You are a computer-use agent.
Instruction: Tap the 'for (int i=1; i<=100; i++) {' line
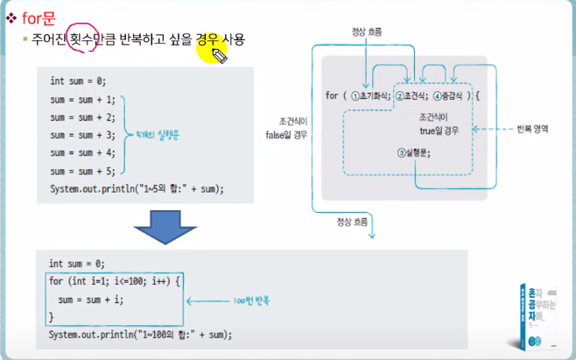(115, 281)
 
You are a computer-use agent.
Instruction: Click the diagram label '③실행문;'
(413, 152)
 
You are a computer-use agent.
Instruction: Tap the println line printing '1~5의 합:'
(137, 189)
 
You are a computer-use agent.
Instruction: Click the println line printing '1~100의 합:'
(141, 335)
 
